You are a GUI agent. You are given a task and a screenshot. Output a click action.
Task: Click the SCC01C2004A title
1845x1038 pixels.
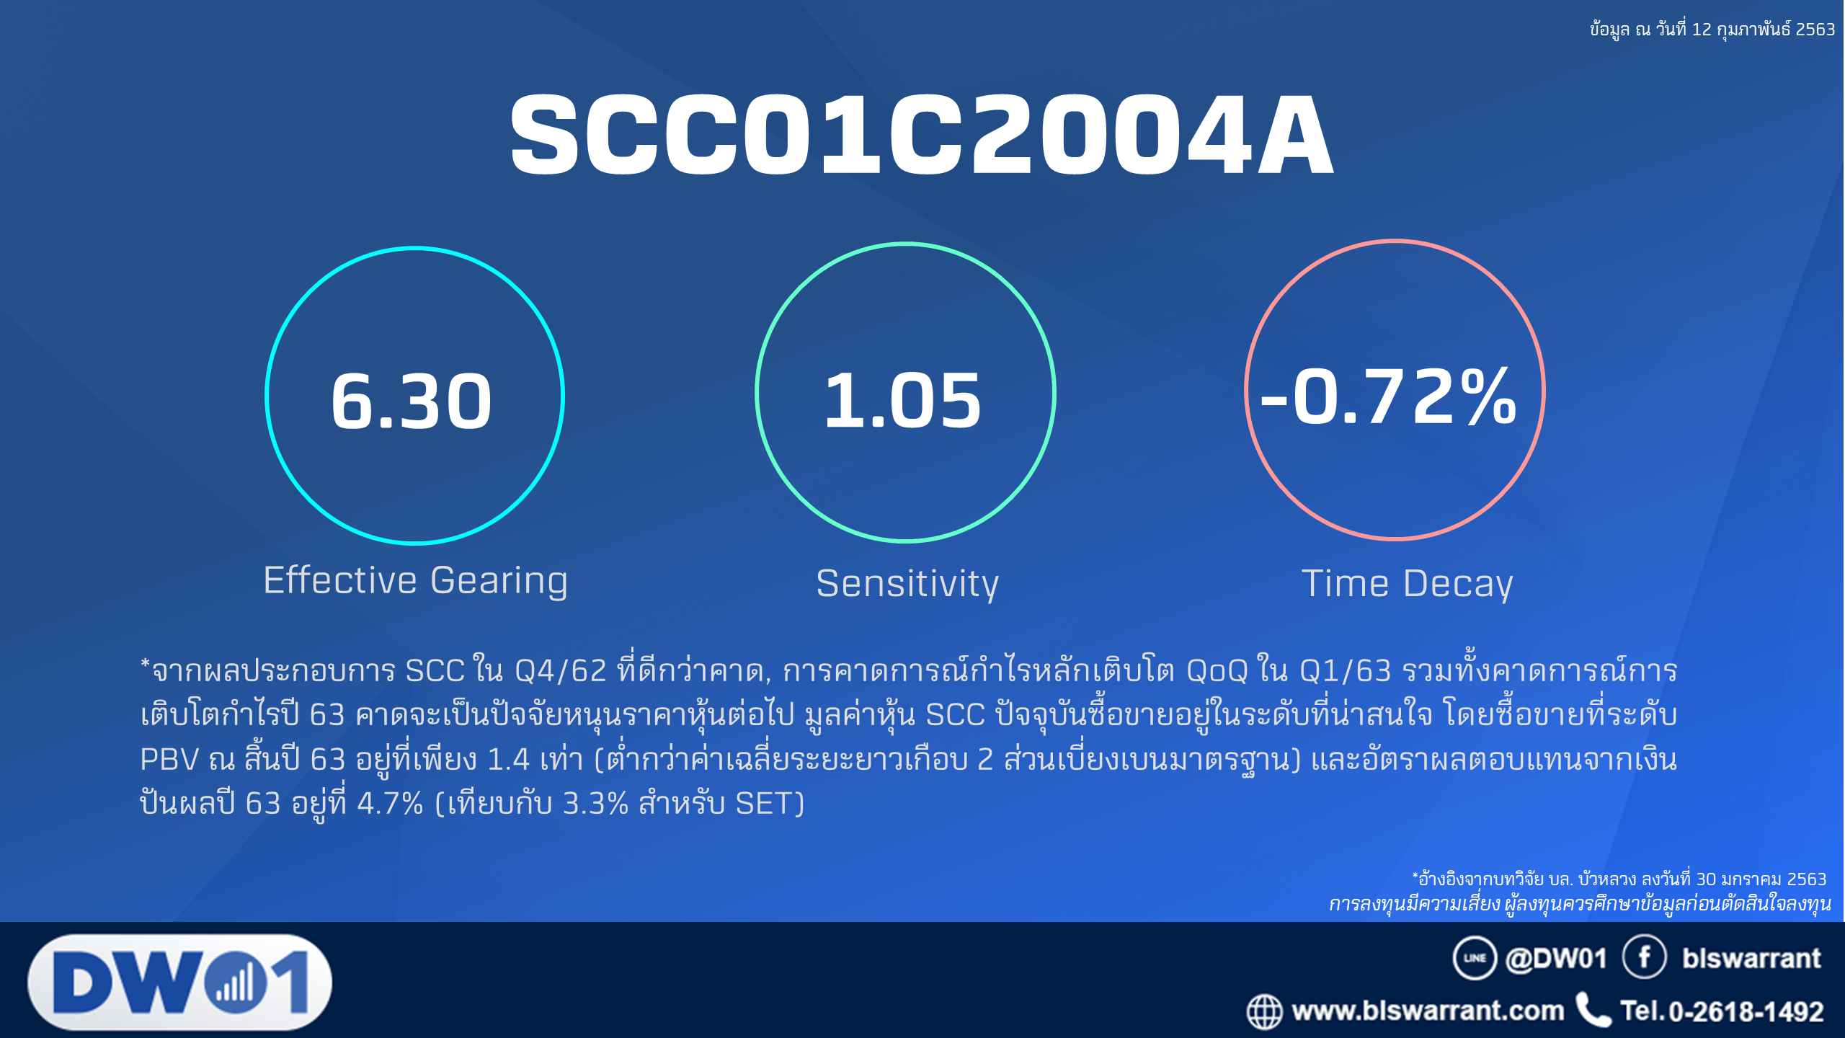(922, 135)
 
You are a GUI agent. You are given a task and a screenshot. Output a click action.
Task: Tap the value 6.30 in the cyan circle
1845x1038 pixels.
(412, 401)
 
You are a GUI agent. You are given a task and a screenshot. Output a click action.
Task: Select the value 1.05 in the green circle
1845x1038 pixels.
(902, 401)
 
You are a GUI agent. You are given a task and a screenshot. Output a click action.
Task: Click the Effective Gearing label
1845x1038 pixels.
(416, 580)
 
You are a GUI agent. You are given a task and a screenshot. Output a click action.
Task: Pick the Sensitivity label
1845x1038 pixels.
(907, 583)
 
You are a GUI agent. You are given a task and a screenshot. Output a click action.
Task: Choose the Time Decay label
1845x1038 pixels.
(1407, 583)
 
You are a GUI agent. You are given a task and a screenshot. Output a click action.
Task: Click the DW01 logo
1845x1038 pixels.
(180, 982)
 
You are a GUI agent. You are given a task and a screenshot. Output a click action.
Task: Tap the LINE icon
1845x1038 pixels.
(1475, 958)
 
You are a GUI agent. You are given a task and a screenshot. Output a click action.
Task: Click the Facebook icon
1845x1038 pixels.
(1644, 957)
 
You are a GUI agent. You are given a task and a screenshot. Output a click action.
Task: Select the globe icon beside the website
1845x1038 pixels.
(1264, 1011)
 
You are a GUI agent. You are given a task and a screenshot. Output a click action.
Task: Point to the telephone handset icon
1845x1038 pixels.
(1593, 1010)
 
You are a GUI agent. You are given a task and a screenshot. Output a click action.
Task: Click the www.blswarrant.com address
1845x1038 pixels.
(1428, 1011)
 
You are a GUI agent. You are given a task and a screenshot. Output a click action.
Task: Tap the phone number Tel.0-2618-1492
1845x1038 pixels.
(1722, 1011)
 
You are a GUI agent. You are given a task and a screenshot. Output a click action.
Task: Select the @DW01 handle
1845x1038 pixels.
(1556, 958)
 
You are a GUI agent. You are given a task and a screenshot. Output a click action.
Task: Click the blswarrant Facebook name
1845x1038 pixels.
(1751, 958)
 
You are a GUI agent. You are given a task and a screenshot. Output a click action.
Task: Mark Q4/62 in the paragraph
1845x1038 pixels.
(560, 671)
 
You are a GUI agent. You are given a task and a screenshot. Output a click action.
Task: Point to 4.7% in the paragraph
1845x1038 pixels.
(390, 804)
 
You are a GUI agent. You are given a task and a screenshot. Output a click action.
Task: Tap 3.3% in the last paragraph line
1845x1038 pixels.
(595, 804)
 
